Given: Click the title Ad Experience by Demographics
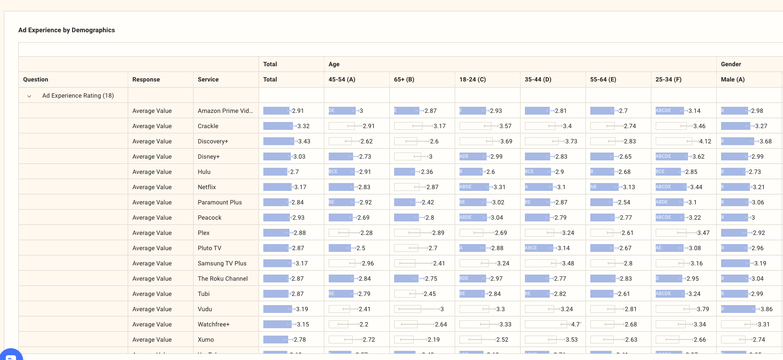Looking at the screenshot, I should [x=66, y=30].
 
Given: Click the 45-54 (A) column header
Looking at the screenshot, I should [x=342, y=79].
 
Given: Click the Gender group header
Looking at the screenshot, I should [x=731, y=64].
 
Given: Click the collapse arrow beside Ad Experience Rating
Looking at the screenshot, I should [x=29, y=96].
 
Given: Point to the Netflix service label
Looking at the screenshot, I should [x=207, y=187].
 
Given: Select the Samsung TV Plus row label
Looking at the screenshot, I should [x=222, y=263].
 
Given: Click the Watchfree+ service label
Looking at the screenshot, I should [x=214, y=324].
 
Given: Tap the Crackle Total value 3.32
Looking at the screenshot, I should [x=303, y=126].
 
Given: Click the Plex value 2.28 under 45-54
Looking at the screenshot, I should [x=366, y=233].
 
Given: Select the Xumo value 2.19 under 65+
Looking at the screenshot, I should [x=433, y=340].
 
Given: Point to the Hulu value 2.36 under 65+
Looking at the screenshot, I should [x=427, y=172].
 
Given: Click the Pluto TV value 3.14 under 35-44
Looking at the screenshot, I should [x=563, y=248].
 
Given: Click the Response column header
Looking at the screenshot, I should [x=146, y=79].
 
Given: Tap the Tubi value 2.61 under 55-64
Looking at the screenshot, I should [x=624, y=294].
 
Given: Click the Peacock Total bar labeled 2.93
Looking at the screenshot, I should [x=276, y=217].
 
